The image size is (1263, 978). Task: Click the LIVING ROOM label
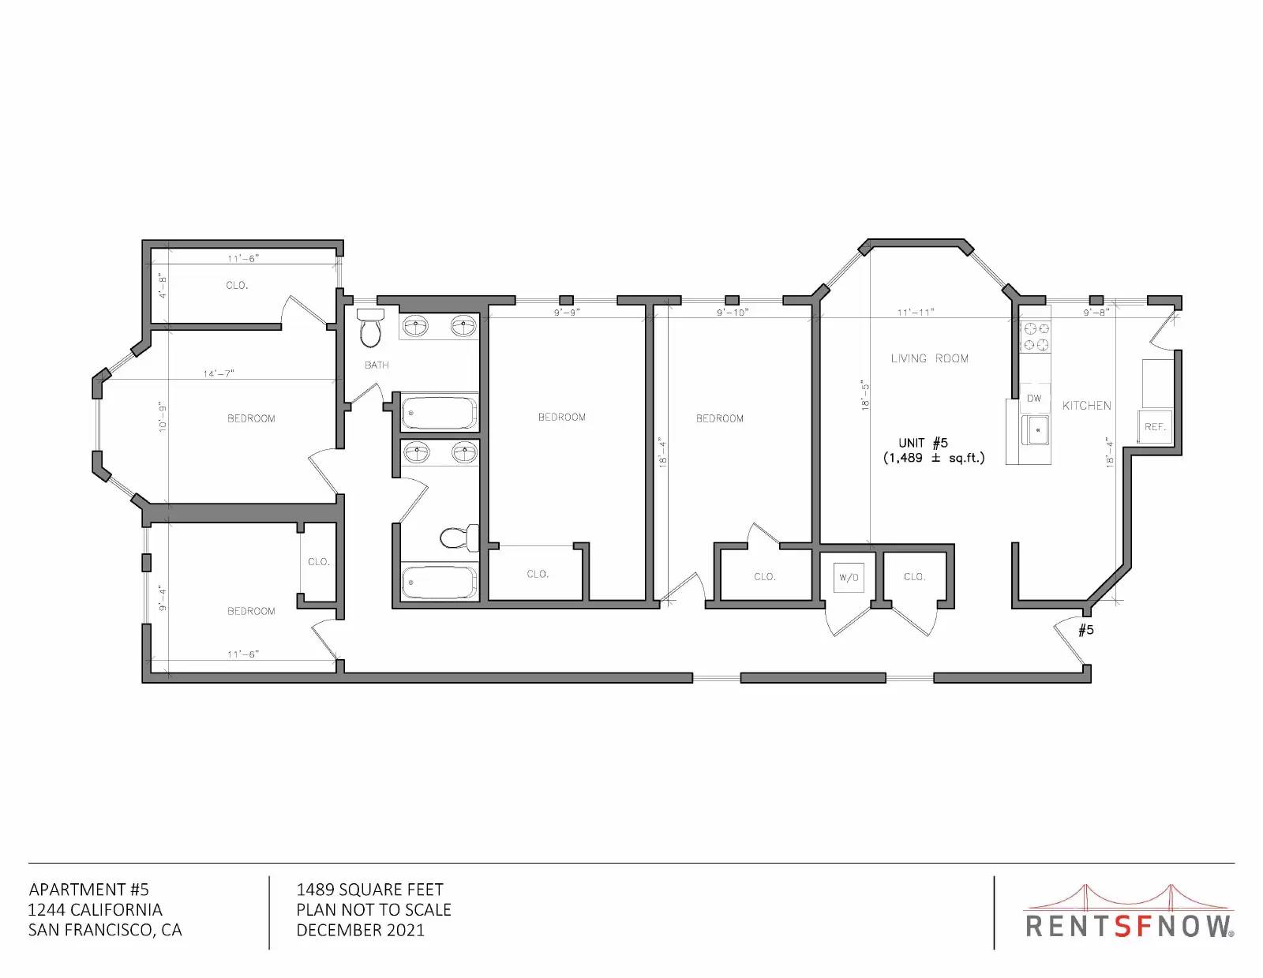[x=929, y=358]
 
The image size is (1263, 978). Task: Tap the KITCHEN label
[x=1086, y=406]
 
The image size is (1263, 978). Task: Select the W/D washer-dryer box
[x=849, y=578]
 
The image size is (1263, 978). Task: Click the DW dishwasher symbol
[x=1034, y=399]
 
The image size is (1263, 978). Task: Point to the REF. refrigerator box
[x=1154, y=426]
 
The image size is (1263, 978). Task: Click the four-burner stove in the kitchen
[x=1036, y=337]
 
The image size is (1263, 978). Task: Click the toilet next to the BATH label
[x=370, y=328]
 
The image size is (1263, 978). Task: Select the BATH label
[x=377, y=365]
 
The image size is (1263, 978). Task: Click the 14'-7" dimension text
[x=219, y=373]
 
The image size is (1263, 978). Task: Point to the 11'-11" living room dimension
[x=916, y=313]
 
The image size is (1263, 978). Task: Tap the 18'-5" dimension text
[x=865, y=395]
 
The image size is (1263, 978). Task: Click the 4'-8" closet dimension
[x=163, y=286]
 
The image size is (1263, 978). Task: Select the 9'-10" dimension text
[x=733, y=313]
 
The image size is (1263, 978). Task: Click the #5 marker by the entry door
[x=1085, y=629]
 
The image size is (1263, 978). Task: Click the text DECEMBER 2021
[x=361, y=930]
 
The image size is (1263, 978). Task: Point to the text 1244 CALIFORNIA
[x=96, y=909]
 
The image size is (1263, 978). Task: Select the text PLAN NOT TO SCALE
[x=373, y=909]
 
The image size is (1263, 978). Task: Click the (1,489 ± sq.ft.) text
[x=934, y=458]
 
